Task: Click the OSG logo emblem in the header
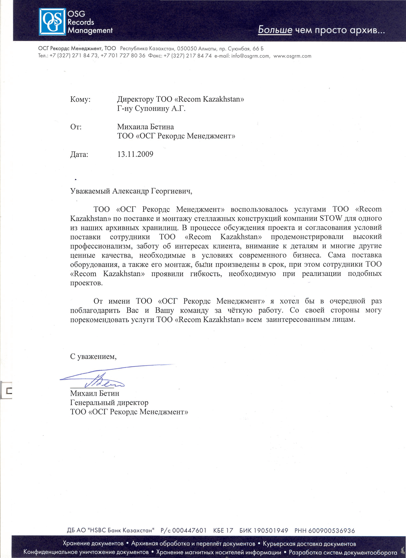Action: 52,22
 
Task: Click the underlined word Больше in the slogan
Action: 275,30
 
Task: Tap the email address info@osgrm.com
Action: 250,56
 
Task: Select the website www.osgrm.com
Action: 292,56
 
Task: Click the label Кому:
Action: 80,99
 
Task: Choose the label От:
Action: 76,127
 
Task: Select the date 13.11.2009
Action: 135,154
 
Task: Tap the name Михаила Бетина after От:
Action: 145,127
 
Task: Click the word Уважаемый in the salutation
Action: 90,191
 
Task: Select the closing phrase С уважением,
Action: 93,357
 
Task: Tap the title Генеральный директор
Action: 109,403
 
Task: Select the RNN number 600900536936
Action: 332,531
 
